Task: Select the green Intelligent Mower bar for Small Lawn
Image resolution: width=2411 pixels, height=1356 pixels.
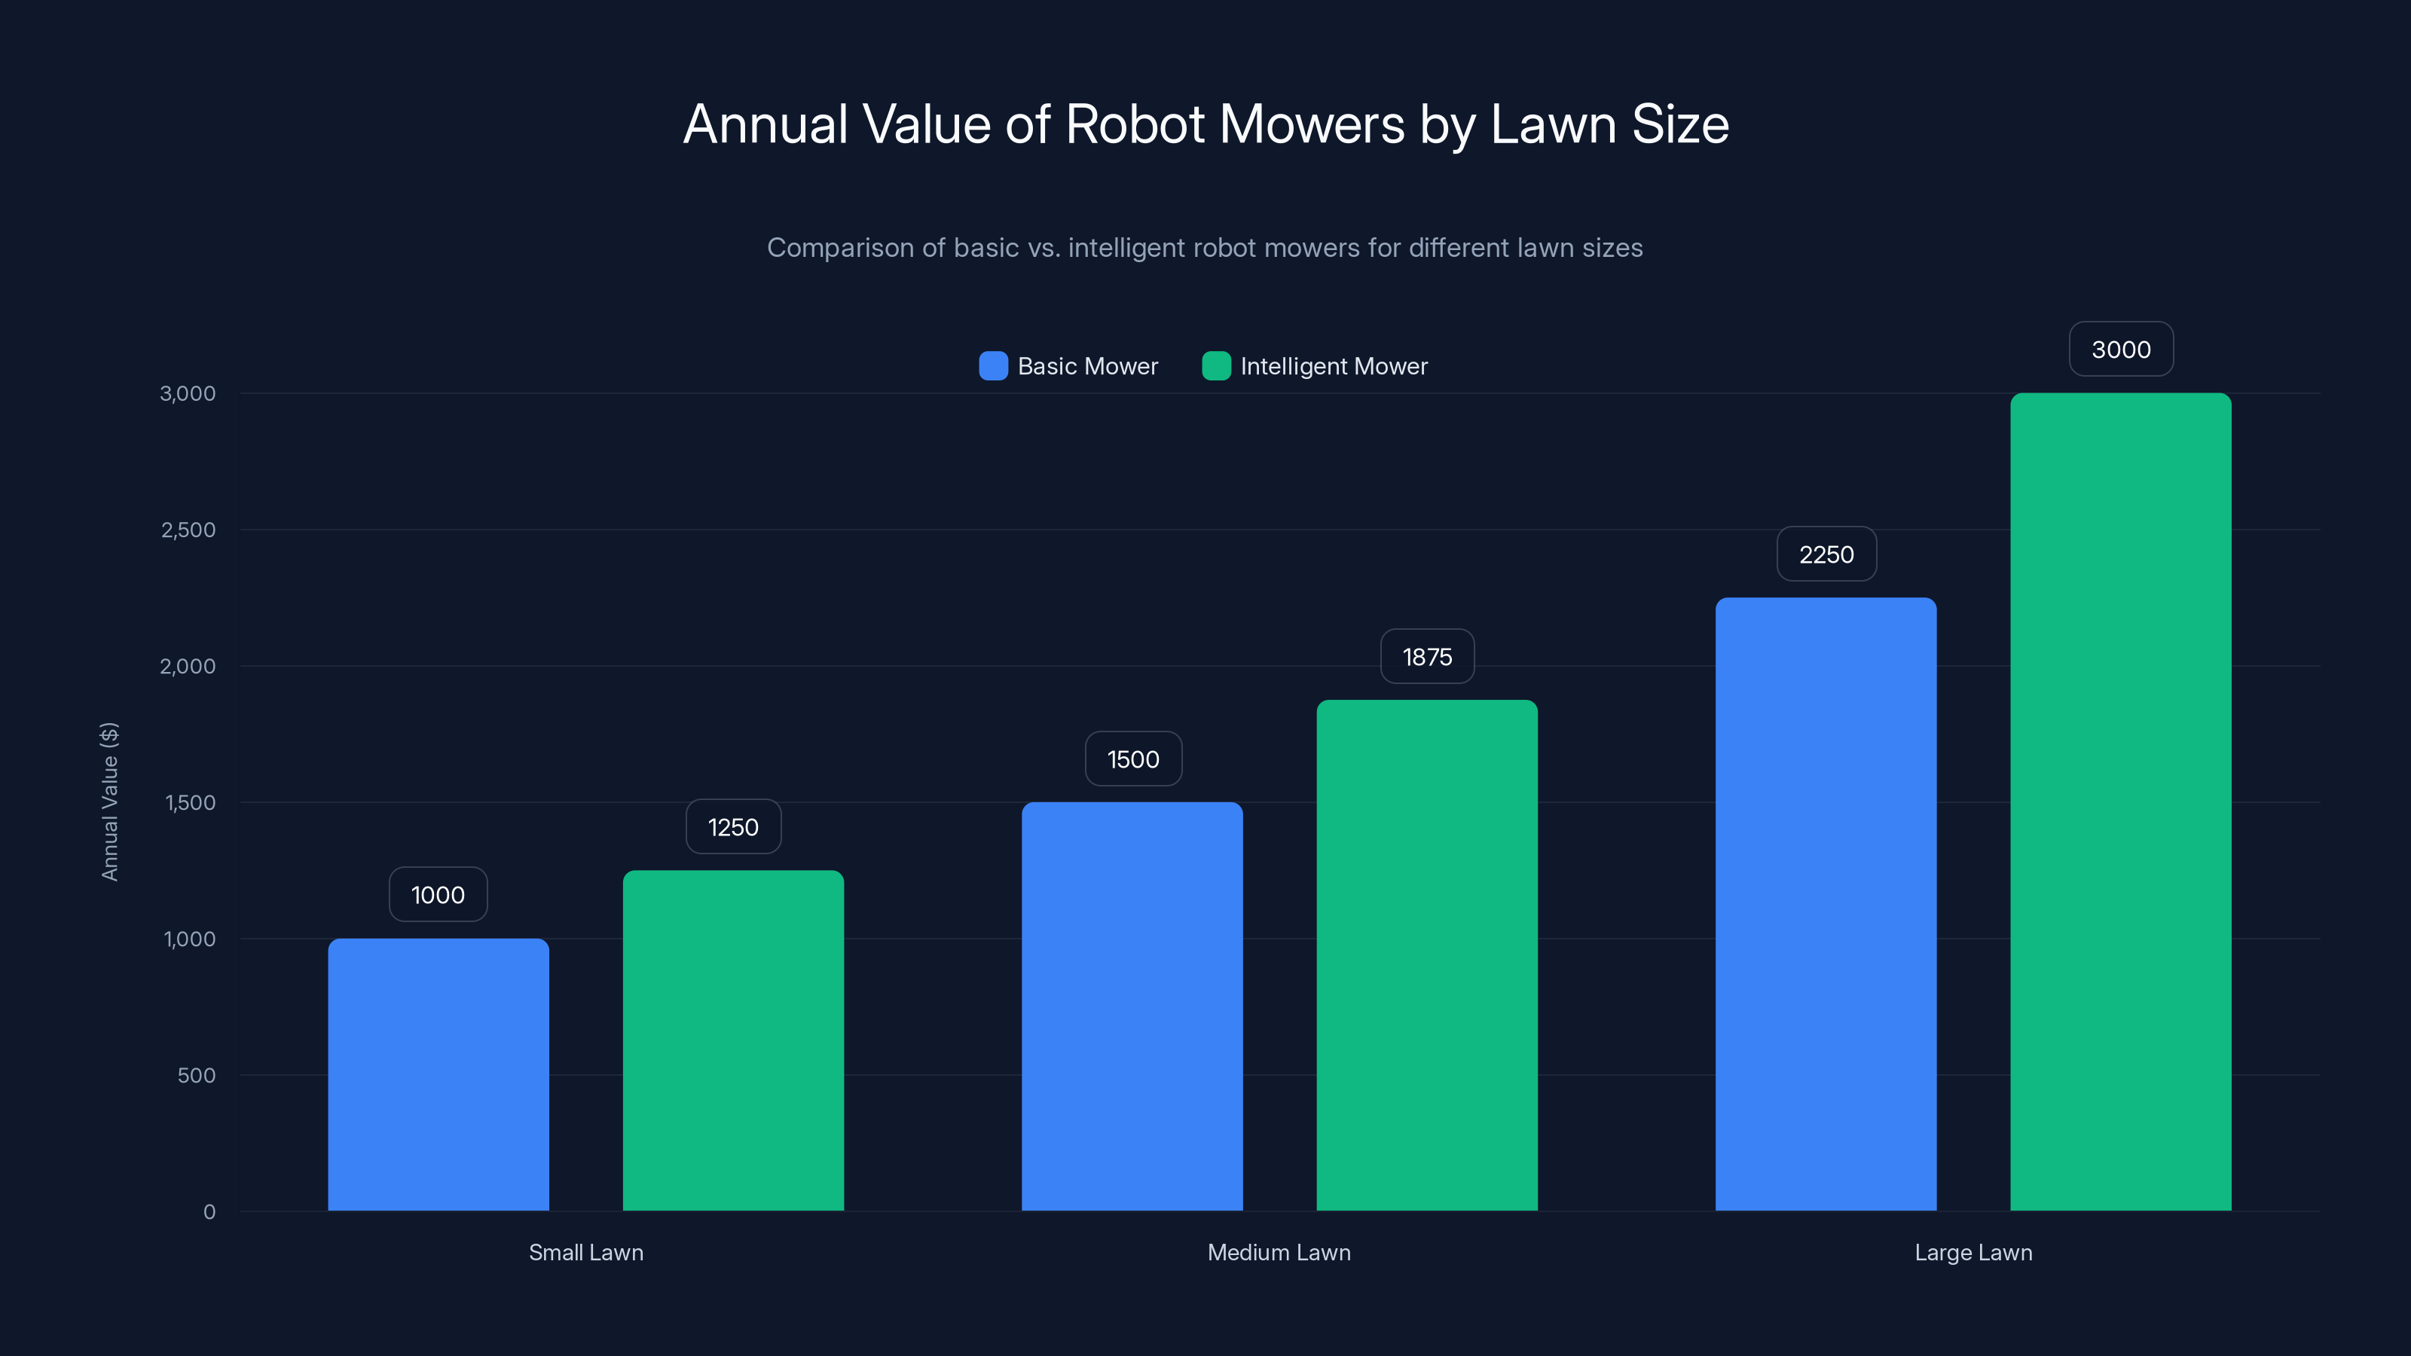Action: (733, 1040)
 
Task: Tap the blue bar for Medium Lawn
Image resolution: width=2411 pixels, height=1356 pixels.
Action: (1132, 1006)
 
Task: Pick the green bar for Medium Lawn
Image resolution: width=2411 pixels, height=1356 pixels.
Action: (1426, 954)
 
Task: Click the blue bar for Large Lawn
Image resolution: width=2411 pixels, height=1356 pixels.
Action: (1825, 904)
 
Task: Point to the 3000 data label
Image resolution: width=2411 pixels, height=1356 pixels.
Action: (2120, 349)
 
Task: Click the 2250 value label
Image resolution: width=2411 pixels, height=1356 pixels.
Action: (1826, 554)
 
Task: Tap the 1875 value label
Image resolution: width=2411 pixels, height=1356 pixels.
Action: (1426, 656)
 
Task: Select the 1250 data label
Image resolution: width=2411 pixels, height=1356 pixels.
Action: (733, 826)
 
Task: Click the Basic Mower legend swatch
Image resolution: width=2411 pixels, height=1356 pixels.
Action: (993, 366)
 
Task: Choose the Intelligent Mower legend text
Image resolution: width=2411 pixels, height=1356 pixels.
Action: (1333, 366)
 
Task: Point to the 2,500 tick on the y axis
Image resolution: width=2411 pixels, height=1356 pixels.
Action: (188, 530)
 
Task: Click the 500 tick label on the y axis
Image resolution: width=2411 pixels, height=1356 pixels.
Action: (197, 1075)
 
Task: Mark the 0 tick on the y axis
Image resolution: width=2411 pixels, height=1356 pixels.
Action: (209, 1212)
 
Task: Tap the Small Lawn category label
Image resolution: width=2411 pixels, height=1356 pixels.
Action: (586, 1252)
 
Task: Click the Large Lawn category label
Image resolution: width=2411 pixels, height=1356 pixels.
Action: (1973, 1252)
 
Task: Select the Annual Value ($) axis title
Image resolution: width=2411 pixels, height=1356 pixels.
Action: (109, 801)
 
